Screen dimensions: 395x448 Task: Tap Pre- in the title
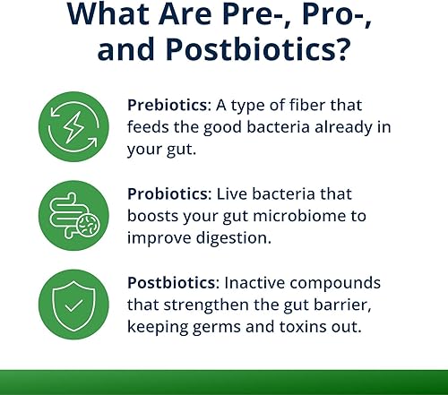pos(260,18)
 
